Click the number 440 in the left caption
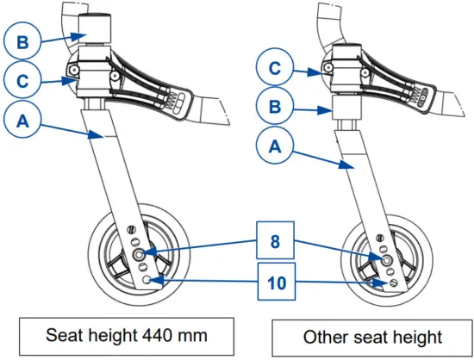click(142, 334)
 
